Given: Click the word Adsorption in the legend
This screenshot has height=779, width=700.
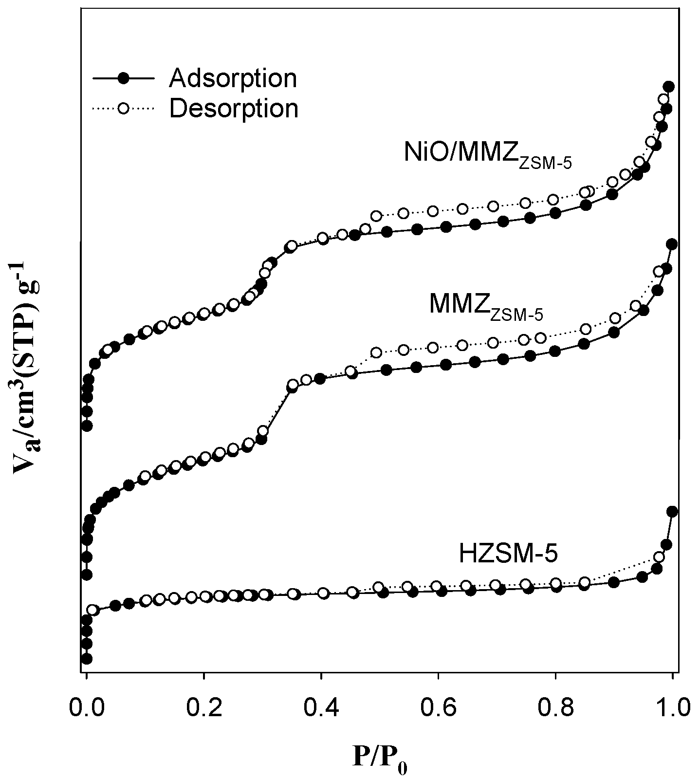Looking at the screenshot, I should (x=233, y=78).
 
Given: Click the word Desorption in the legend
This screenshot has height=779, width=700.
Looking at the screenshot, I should (x=234, y=109).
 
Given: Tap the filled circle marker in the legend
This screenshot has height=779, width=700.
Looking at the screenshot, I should (x=124, y=78).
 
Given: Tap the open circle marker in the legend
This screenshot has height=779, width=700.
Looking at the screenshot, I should (x=124, y=108).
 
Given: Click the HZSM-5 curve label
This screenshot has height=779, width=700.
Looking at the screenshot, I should (x=508, y=554).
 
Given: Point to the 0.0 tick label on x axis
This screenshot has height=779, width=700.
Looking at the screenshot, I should (x=86, y=707).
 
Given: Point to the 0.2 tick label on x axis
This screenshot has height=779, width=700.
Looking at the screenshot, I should (x=203, y=707).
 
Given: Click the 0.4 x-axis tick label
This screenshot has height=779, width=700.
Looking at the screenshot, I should (x=321, y=707).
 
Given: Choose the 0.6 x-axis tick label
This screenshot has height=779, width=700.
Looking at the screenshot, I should (x=438, y=707).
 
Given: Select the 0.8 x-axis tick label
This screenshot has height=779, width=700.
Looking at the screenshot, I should (x=555, y=707).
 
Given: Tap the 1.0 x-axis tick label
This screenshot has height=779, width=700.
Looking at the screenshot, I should (x=672, y=707).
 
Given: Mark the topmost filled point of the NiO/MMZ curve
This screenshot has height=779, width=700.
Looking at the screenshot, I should (x=668, y=87).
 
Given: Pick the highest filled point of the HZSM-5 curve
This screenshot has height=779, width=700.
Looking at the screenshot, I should (x=672, y=511).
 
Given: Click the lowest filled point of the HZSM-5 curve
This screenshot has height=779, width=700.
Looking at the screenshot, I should (x=87, y=658).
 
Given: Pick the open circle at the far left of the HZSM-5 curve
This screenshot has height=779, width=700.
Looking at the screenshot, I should (x=92, y=610).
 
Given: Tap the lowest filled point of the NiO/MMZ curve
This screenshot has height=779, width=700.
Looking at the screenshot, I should (x=87, y=426).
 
